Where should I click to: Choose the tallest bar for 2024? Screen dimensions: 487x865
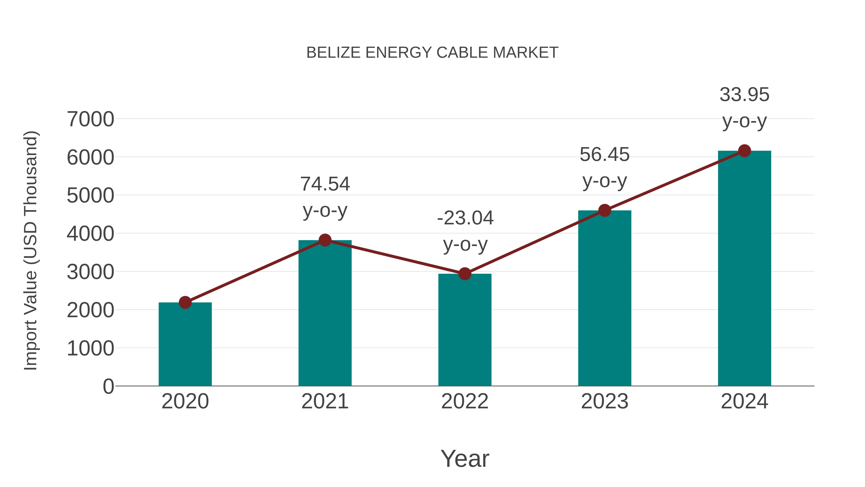(x=744, y=269)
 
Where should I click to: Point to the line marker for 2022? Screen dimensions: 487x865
(x=465, y=274)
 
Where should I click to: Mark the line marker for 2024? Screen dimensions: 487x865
(x=744, y=151)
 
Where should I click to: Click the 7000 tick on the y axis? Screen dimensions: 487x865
(x=90, y=119)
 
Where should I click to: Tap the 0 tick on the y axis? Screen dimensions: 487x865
(x=108, y=386)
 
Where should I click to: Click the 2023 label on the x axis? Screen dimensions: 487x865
(x=605, y=401)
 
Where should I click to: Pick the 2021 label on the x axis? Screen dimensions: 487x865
(x=325, y=401)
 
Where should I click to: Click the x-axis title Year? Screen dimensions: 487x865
(x=465, y=458)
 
